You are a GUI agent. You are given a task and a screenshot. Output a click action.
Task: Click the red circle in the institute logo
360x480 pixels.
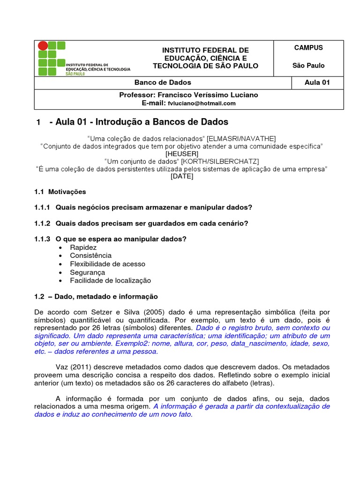click(x=43, y=45)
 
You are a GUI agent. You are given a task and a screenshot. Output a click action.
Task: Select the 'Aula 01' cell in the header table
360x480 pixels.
click(x=317, y=82)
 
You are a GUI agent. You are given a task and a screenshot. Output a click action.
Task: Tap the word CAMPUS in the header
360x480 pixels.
click(x=308, y=47)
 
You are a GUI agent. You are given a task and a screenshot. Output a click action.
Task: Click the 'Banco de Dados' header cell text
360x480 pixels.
click(x=163, y=82)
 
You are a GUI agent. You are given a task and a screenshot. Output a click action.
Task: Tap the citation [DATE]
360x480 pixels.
click(x=182, y=177)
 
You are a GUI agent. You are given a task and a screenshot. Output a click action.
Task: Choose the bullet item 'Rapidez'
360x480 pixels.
click(x=83, y=247)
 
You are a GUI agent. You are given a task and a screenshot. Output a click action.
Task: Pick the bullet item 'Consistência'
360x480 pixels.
click(x=90, y=255)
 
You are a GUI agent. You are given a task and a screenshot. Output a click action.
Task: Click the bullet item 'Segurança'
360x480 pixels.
click(x=87, y=272)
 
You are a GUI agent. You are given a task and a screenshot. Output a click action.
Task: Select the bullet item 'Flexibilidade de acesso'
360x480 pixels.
click(x=107, y=264)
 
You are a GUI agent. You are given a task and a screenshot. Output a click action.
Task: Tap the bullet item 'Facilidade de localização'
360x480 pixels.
click(x=110, y=280)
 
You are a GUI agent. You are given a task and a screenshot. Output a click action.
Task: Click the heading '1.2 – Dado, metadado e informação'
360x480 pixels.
click(x=96, y=297)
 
